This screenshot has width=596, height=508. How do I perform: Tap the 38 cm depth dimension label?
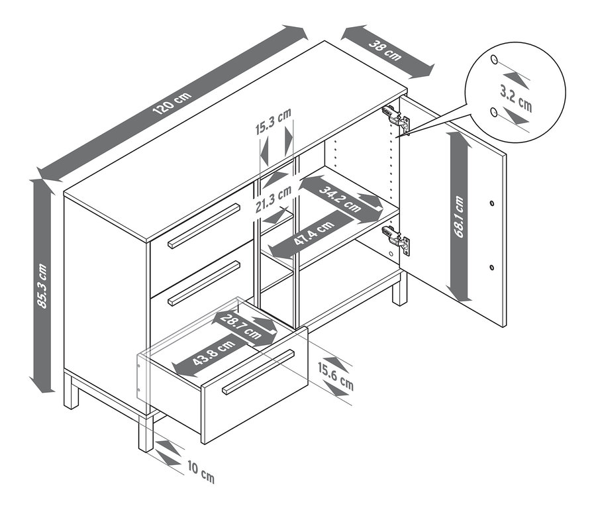tap(385, 51)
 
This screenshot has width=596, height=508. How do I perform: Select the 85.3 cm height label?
tap(42, 285)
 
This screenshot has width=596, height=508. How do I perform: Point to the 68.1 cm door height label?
tap(460, 216)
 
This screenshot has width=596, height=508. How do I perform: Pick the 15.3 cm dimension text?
tap(274, 123)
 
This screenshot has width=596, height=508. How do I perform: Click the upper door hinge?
tap(397, 117)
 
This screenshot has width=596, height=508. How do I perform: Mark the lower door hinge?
tap(397, 240)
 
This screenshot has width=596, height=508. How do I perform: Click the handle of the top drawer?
tap(204, 226)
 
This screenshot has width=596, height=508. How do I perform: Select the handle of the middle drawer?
tap(203, 283)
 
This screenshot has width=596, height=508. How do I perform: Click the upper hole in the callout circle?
tap(494, 60)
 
